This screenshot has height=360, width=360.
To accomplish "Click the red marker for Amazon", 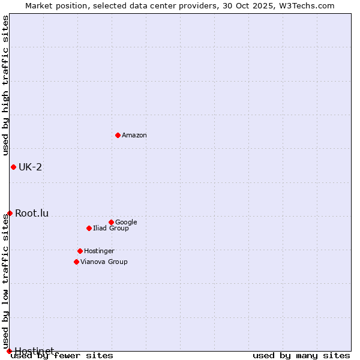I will coord(118,135).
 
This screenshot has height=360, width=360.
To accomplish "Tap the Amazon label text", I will coord(134,136).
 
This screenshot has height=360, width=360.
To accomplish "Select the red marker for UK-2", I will coord(13,167).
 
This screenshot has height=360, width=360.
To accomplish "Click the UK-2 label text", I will coord(31,167).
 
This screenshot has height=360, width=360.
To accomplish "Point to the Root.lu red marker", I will coord(10,213).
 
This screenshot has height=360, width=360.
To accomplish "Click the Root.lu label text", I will coord(32,213).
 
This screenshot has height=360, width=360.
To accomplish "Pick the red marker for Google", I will coord(111,222).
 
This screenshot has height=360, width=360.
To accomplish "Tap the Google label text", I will coord(126,223).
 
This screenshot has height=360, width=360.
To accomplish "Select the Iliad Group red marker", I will coord(89,228).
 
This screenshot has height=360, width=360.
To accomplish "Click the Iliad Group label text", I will coord(111,229).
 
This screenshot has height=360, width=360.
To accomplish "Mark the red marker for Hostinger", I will coord(80,251).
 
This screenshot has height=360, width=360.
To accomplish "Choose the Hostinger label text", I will coord(99,251).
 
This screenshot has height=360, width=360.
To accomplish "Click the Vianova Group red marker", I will coord(76,262).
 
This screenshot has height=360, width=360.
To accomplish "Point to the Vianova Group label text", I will coord(104,262).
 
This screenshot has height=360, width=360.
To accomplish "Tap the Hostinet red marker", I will coord(9,351).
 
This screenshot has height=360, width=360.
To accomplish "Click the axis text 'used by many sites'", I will coord(301,356).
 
